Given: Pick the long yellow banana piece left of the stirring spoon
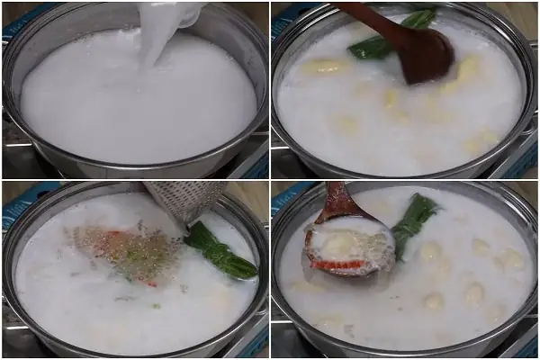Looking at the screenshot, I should tap(324, 66).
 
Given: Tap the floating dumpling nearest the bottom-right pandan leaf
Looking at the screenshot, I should tap(431, 251).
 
